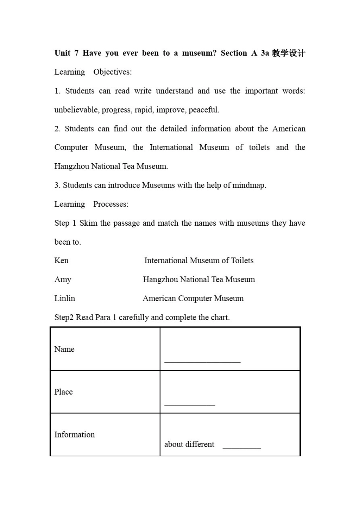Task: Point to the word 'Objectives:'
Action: click(x=113, y=72)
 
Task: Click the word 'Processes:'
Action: click(x=111, y=204)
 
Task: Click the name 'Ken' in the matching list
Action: click(x=61, y=261)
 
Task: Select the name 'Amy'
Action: click(x=63, y=279)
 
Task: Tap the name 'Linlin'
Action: click(x=64, y=298)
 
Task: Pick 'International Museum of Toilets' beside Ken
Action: click(x=199, y=261)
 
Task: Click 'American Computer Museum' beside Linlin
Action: click(x=193, y=298)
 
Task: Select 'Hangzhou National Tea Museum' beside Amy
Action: click(x=199, y=279)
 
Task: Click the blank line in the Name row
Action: click(x=202, y=362)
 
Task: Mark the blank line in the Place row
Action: click(x=189, y=405)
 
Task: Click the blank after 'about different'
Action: click(x=241, y=447)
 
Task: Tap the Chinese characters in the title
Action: click(x=288, y=53)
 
